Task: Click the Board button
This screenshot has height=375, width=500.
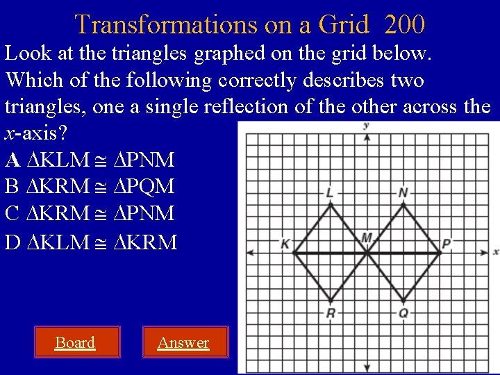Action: coord(75,342)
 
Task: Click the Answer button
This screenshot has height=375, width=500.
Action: coord(183,342)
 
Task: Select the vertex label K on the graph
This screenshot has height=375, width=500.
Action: coord(285,244)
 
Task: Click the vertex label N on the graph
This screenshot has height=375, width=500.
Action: coord(403,192)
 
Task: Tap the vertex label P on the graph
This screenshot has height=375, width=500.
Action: coord(447,244)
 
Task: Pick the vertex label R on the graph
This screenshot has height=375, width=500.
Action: coord(331,313)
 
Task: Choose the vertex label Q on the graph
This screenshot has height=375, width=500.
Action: coord(403,313)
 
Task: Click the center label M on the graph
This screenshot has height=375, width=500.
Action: coord(367,239)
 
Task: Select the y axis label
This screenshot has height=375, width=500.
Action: coord(366,126)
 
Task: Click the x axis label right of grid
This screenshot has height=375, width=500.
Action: coord(496,251)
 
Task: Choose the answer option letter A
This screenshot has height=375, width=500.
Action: coord(12,160)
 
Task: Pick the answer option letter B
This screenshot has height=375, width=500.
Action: coord(12,187)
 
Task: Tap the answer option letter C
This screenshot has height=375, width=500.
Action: coord(12,213)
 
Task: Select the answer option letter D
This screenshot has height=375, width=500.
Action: coord(12,242)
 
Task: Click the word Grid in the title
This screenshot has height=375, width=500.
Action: coord(343,25)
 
